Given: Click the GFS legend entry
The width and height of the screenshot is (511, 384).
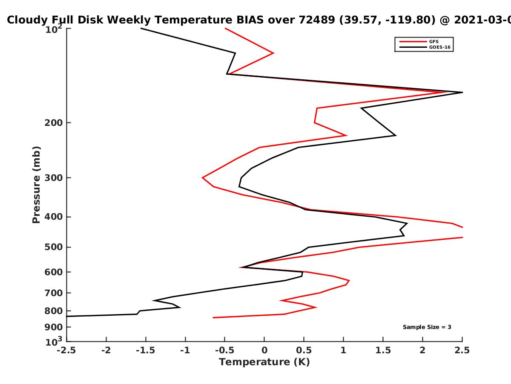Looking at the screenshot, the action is point(419,42).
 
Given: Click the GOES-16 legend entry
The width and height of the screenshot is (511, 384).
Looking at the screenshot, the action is point(425,47).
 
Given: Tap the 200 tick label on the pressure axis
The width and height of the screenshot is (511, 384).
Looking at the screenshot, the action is point(54,122).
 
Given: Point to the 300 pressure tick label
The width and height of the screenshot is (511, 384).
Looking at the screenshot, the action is point(54,178).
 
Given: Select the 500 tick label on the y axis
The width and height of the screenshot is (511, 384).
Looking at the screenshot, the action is point(54,247).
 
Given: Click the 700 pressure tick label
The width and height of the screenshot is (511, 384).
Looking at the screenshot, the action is point(54,293).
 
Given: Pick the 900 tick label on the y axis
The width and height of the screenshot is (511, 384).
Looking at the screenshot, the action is point(54,327).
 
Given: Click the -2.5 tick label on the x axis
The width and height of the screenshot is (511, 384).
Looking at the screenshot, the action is point(66,350).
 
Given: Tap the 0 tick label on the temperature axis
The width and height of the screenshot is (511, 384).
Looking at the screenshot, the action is point(264,350).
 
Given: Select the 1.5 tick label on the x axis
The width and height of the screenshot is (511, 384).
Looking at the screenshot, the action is point(383,350).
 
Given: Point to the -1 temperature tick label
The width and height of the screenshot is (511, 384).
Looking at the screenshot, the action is point(185,350).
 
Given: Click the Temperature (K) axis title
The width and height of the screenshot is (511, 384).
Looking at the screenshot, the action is point(264,362).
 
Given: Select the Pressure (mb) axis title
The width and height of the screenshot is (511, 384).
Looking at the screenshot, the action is point(36,185).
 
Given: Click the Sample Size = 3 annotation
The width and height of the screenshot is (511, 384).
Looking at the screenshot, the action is point(427,327).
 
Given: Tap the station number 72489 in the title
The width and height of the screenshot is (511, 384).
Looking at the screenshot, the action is point(317,20).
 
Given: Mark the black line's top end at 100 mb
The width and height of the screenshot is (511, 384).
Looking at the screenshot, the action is point(141,28).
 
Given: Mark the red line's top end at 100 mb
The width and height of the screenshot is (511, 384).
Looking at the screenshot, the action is point(225,28).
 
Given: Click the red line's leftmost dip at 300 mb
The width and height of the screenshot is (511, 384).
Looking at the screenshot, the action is point(202,177).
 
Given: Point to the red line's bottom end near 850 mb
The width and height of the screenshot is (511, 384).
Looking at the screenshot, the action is point(213,317).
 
